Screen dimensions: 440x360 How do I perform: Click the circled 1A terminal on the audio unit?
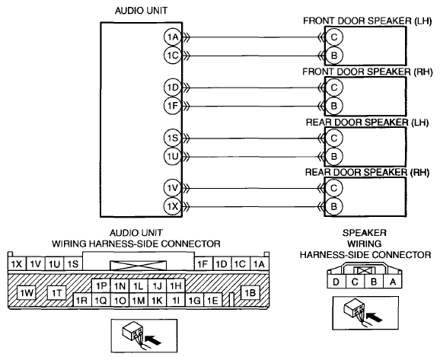tap(173, 37)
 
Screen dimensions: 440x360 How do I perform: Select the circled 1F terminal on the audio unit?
tap(173, 106)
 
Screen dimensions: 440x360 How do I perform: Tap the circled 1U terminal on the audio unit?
tap(173, 156)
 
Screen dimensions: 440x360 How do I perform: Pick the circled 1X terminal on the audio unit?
tap(173, 206)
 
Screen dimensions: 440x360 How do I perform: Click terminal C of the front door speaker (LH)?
tap(334, 37)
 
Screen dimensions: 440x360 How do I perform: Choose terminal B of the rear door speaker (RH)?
tap(334, 206)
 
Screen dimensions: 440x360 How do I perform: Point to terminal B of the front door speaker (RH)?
tap(334, 106)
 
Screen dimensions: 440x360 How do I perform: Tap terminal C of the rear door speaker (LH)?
tap(334, 138)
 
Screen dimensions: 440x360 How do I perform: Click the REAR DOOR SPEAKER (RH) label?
tap(368, 172)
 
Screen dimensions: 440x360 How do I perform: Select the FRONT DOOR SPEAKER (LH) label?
tap(368, 21)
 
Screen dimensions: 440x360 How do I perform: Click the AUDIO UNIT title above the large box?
tap(141, 11)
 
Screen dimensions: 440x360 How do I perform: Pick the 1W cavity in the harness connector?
tap(27, 293)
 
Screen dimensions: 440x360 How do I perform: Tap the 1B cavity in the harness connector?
tap(250, 293)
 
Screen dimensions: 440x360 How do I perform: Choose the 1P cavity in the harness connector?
tap(101, 286)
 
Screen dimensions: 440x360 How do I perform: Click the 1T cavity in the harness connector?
tap(56, 293)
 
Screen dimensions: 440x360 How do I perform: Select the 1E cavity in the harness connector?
tap(212, 300)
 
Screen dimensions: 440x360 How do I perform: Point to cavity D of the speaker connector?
tap(336, 282)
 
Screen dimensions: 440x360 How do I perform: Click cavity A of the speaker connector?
tap(393, 282)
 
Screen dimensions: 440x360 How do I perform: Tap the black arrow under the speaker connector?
tap(375, 318)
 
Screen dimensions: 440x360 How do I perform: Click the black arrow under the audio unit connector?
tap(154, 340)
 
